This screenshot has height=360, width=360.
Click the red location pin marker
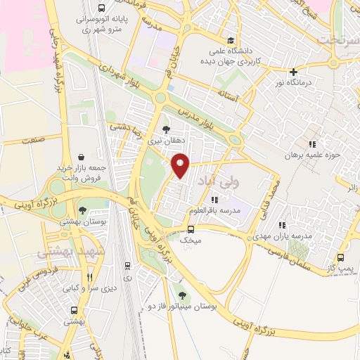click(x=181, y=165)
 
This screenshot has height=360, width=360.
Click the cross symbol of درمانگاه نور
click(x=294, y=71)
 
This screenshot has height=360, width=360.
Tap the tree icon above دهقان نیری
click(x=166, y=129)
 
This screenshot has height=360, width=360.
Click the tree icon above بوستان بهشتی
click(x=83, y=210)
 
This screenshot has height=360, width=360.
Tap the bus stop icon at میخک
click(x=191, y=229)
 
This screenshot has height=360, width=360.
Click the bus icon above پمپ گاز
click(x=341, y=257)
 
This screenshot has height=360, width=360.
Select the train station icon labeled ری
click(x=128, y=266)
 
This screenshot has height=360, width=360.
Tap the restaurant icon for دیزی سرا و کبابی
click(x=89, y=277)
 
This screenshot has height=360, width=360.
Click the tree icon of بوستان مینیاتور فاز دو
click(x=183, y=295)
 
